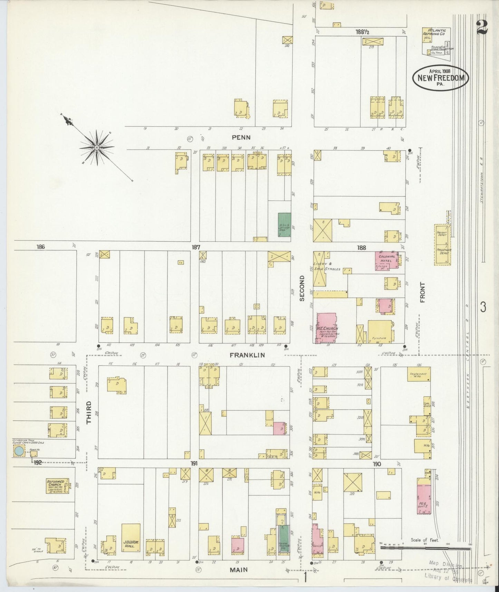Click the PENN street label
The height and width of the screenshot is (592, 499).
241,137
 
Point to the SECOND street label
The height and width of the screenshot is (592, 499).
302,288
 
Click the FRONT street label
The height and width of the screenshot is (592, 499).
422,292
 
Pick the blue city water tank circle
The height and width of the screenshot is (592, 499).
19,451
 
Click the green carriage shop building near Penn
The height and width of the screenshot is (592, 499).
284,225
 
